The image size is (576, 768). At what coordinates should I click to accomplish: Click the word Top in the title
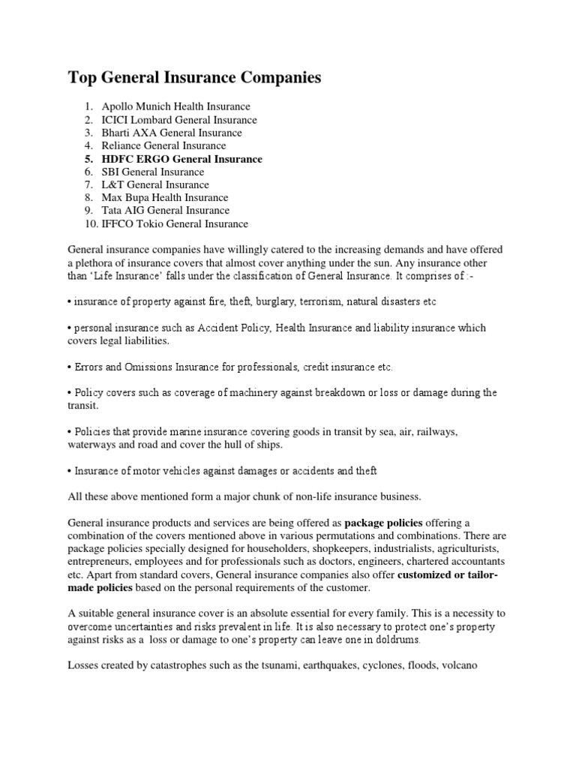83,78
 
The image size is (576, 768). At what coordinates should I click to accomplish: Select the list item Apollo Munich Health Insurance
175,106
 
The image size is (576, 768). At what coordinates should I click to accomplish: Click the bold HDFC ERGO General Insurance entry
182,159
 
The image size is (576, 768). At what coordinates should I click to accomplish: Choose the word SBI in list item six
111,172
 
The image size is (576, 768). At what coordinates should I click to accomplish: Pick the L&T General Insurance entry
155,184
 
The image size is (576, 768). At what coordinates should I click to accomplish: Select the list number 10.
90,223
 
